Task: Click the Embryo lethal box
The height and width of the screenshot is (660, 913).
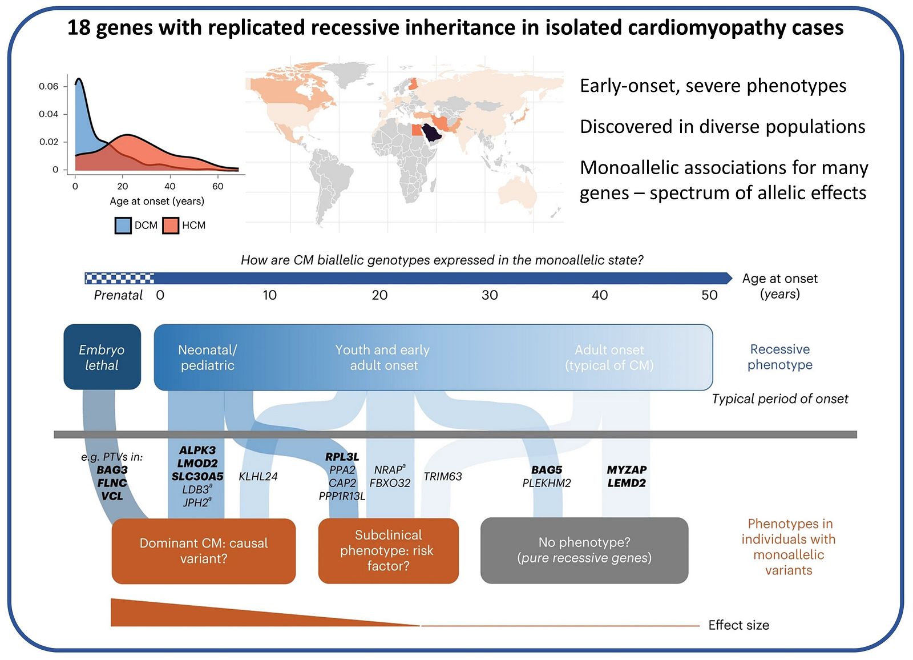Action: (x=102, y=357)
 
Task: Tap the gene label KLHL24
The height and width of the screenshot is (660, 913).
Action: (x=258, y=476)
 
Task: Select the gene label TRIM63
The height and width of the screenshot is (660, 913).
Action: (x=443, y=476)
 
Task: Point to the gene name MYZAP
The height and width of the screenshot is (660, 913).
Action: (x=627, y=470)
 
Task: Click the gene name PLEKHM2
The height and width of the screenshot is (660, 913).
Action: (x=547, y=483)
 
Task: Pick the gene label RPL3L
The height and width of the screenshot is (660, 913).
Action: (x=342, y=457)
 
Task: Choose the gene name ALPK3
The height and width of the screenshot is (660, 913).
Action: (x=197, y=450)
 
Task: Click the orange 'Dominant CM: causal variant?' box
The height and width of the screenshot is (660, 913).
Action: (x=203, y=551)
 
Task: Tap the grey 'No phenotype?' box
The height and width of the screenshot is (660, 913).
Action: (x=584, y=550)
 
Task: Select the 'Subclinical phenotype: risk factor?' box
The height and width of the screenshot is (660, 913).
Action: (x=389, y=551)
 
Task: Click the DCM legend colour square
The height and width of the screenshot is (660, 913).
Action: (x=123, y=226)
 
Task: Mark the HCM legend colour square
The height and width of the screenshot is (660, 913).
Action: (x=171, y=226)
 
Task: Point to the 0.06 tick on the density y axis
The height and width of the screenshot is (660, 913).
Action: (x=49, y=86)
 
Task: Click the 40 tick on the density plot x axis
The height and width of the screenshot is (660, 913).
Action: (x=170, y=187)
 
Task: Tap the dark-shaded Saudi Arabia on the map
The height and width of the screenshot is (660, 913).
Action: (x=431, y=132)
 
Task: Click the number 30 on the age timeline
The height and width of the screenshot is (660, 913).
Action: (x=490, y=295)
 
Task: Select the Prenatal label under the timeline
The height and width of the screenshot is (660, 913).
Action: (x=118, y=295)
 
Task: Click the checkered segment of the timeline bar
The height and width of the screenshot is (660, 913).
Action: (x=119, y=278)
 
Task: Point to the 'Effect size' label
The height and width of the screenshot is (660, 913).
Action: (x=738, y=625)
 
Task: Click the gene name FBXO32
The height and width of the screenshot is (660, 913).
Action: (x=390, y=483)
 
